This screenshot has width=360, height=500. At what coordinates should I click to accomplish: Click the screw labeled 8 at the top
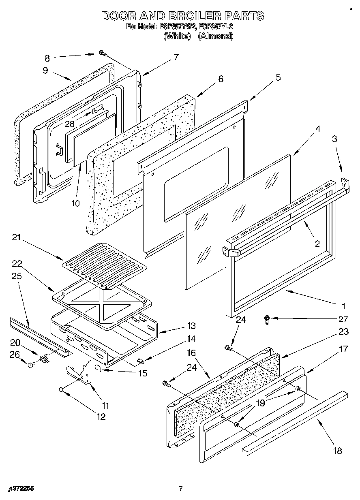click(102, 53)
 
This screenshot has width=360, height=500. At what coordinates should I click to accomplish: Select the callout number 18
click(337, 451)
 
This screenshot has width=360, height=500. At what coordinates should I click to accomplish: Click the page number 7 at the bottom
click(181, 488)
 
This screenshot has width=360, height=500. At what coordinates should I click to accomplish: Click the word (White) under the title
click(177, 36)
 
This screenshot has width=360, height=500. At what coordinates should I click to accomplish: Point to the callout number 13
click(180, 325)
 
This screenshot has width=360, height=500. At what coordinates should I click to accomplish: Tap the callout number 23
click(343, 331)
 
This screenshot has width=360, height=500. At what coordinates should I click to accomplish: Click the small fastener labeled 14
click(140, 360)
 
